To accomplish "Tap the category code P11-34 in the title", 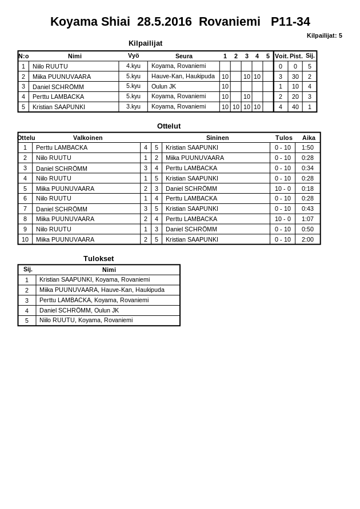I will click(290, 22).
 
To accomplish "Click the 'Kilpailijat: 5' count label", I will click(324, 35).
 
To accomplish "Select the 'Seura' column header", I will click(183, 56).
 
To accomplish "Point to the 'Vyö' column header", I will click(133, 56).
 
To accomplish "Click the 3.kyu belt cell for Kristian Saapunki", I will click(133, 106).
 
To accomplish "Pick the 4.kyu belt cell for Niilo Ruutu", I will click(133, 66).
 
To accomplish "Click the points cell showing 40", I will click(295, 107).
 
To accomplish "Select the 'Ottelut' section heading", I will click(169, 126).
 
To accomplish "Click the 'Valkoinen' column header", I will click(87, 138).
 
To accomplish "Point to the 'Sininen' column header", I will click(217, 138).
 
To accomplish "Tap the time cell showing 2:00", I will click(307, 239).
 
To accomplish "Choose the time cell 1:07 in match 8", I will click(307, 219).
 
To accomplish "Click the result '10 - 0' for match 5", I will click(282, 189).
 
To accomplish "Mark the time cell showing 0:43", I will click(307, 209).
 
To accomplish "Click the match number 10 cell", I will click(25, 239).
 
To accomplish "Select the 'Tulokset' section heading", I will click(98, 259).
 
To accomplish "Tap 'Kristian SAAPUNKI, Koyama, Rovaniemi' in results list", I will click(94, 280).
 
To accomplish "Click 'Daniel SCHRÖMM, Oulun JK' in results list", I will click(79, 310).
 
